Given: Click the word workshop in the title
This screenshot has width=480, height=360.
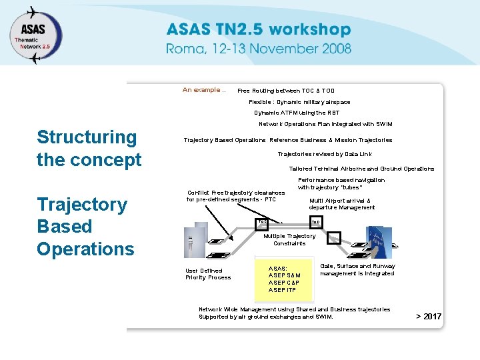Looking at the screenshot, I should (x=309, y=29).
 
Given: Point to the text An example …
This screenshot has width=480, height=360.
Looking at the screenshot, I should (x=204, y=90).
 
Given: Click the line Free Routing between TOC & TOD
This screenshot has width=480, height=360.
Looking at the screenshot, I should (x=286, y=91).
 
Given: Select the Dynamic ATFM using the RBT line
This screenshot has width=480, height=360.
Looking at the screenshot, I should (x=297, y=113).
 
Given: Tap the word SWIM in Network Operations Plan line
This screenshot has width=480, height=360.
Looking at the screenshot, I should (x=384, y=124).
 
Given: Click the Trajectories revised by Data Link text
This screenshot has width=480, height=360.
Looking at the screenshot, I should (x=325, y=154).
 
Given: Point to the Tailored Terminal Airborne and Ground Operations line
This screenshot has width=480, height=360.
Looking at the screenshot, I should (x=361, y=169).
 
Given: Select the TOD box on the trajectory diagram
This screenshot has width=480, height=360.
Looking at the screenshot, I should (x=316, y=222).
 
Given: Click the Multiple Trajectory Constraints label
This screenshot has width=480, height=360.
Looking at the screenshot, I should (x=289, y=239).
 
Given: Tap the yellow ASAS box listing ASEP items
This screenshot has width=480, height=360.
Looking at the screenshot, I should (x=285, y=275).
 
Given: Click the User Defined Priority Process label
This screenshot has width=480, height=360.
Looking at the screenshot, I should (x=208, y=274).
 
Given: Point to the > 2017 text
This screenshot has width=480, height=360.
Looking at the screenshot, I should (x=429, y=316).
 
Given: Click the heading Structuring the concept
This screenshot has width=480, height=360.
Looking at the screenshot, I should (x=89, y=148).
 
